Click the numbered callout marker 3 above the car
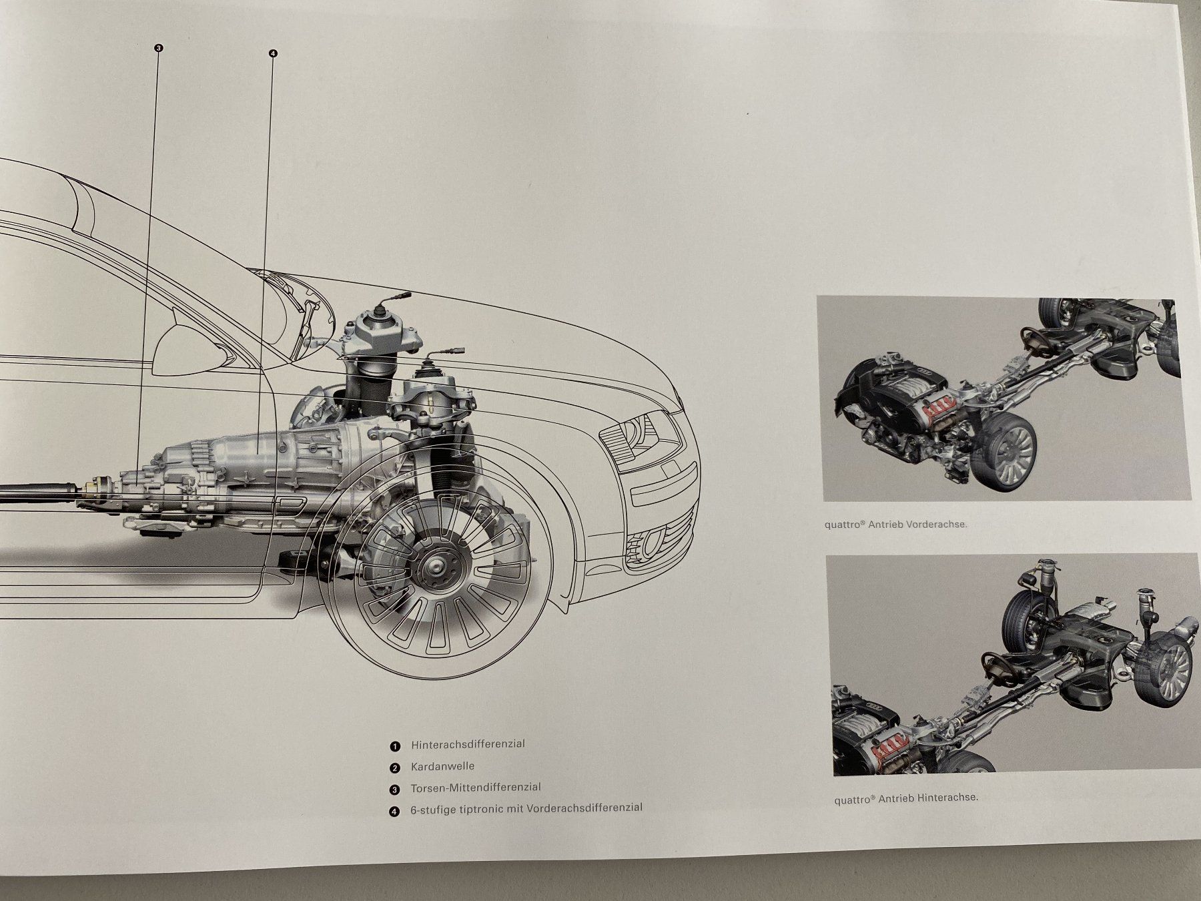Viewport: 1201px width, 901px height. [158, 48]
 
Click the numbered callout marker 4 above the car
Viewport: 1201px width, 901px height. [273, 53]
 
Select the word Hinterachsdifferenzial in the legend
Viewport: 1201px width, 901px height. [468, 744]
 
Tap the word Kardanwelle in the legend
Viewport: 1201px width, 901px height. [442, 766]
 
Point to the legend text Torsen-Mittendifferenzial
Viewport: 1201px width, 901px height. [476, 788]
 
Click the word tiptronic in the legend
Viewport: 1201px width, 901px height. [500, 809]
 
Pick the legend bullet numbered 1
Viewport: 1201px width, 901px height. [396, 746]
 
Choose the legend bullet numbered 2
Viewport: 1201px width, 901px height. [395, 768]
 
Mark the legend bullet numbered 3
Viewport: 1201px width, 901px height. [395, 790]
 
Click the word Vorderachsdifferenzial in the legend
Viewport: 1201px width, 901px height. [584, 808]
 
